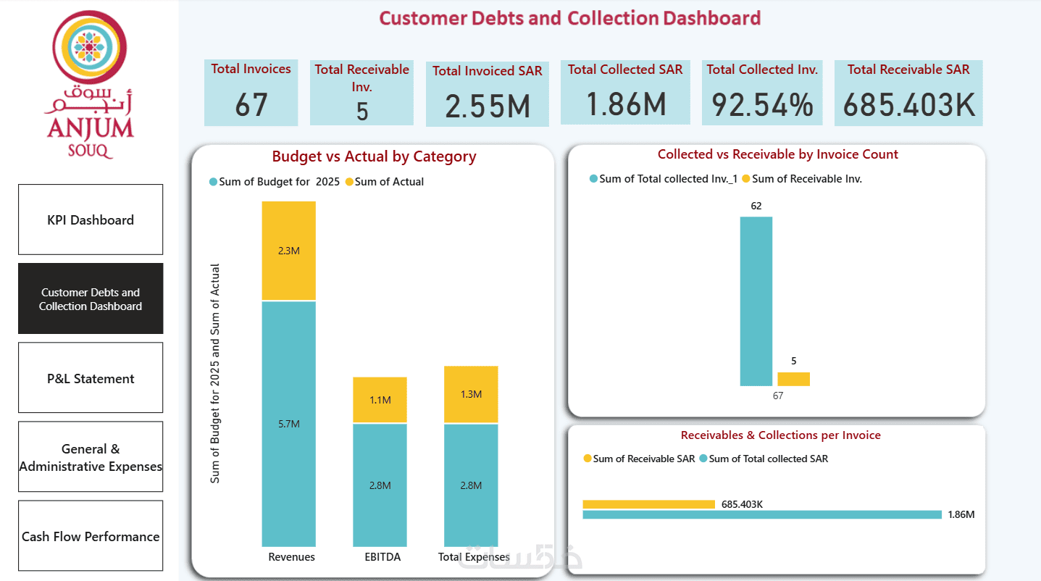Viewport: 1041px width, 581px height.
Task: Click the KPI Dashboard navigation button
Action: [91, 220]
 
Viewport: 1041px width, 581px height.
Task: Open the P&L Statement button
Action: [91, 378]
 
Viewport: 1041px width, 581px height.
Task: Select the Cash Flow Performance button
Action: [91, 536]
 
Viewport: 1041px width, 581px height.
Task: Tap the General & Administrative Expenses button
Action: [91, 457]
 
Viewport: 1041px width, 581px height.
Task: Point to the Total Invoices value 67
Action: [251, 104]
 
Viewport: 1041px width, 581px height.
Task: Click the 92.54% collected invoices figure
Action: [762, 104]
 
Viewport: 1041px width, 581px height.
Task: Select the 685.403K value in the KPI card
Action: [908, 104]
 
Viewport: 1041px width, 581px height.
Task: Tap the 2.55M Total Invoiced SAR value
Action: [487, 106]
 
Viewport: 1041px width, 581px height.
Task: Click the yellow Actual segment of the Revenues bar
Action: [288, 251]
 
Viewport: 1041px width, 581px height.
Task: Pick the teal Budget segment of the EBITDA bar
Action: [380, 485]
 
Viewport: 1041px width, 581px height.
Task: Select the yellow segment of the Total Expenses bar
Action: [471, 394]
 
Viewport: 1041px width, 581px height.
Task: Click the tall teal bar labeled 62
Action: [756, 301]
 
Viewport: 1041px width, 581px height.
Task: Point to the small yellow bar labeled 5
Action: [793, 379]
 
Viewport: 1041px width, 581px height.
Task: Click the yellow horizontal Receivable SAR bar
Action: [648, 504]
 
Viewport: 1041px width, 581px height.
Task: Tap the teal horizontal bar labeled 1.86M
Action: [761, 514]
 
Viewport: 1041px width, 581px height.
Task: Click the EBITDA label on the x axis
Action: [382, 557]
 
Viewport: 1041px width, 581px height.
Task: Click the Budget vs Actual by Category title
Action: [374, 156]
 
